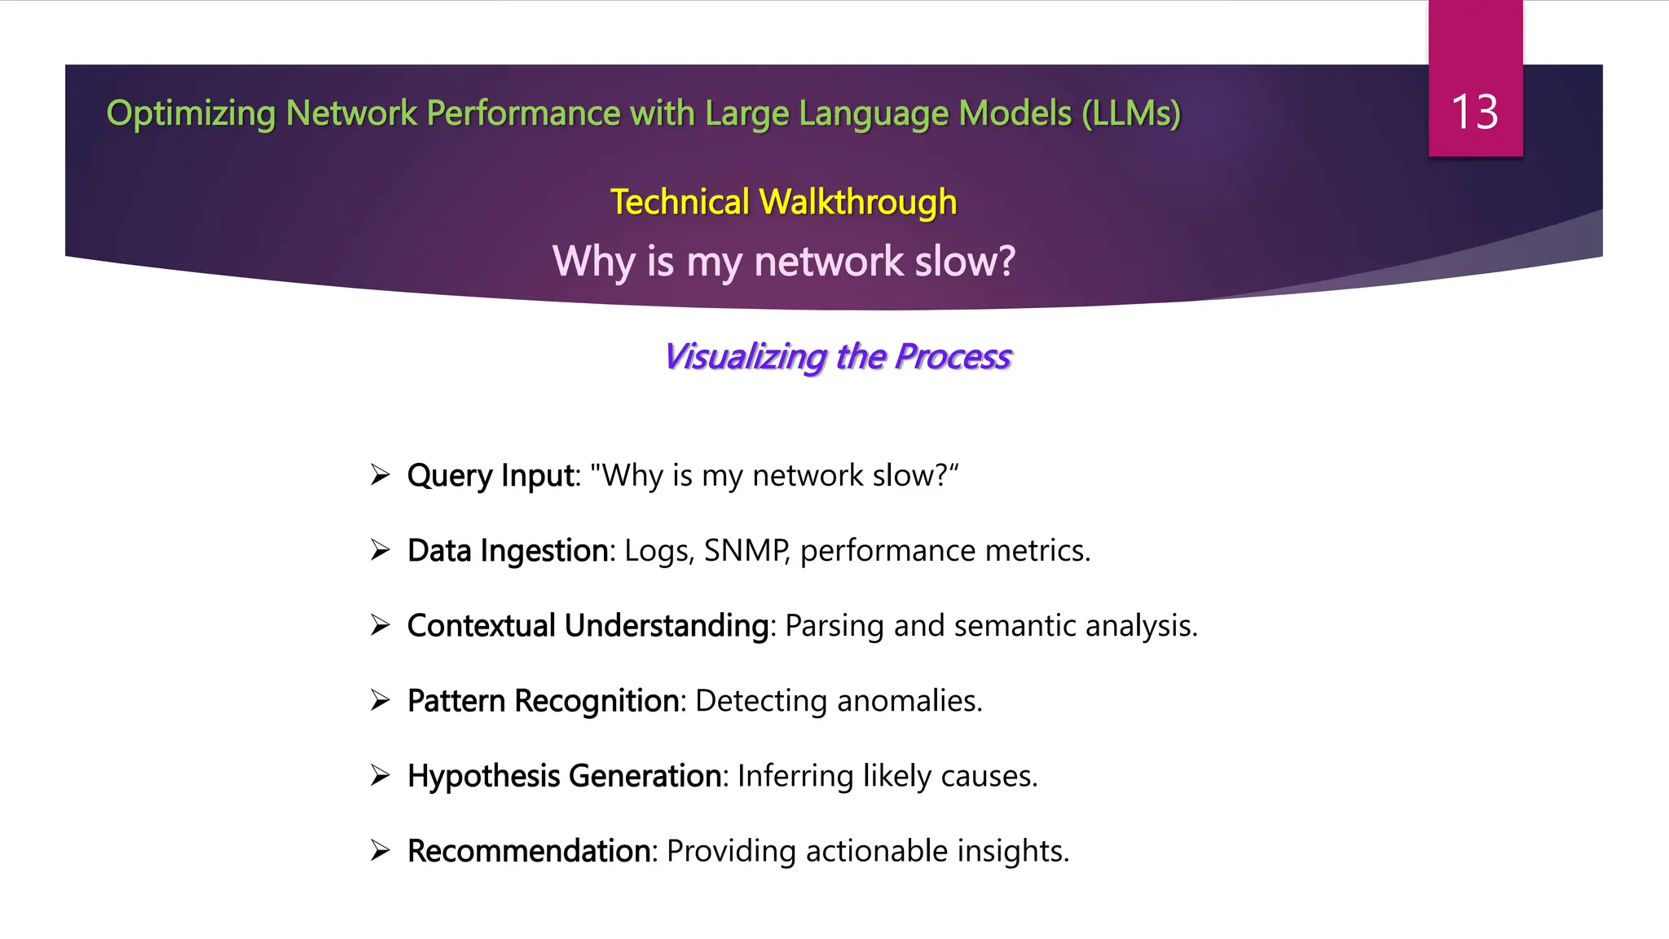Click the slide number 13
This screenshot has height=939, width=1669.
pos(1474,112)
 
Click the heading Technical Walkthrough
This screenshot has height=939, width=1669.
pos(783,202)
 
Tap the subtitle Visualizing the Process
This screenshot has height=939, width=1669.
pos(838,357)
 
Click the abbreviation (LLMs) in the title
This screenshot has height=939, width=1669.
pos(1131,113)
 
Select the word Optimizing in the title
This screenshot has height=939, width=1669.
pos(191,113)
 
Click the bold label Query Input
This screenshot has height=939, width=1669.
pos(491,475)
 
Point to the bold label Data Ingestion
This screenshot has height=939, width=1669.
pos(508,551)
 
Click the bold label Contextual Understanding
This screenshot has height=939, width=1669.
pos(588,626)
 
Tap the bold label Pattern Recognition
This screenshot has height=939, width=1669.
pos(543,701)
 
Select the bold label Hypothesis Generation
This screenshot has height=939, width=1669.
pos(565,776)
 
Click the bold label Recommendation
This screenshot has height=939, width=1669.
pos(529,851)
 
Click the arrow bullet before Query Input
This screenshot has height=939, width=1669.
pos(380,474)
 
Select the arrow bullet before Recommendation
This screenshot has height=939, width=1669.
pos(380,850)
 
